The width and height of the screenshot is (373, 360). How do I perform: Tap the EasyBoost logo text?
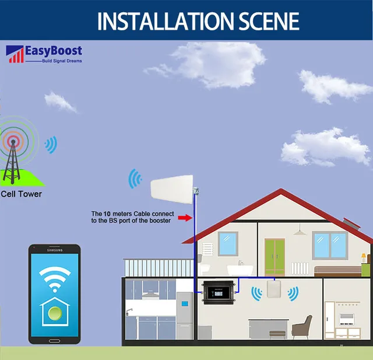[53, 51]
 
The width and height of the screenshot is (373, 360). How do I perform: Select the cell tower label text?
[22, 194]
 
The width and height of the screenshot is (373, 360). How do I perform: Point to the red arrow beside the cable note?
[184, 217]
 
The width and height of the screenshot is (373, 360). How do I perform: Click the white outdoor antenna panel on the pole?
[172, 186]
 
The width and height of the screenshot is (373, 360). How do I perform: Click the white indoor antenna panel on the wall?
[274, 292]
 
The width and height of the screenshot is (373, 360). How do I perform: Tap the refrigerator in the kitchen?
[185, 315]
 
